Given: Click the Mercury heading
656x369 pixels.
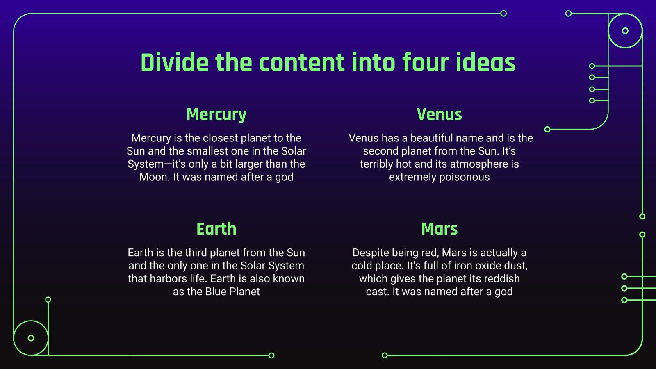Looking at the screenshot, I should (216, 114).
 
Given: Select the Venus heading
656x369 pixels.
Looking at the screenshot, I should (439, 114).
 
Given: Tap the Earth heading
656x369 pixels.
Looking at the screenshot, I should (216, 229).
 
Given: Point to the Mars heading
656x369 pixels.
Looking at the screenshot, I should (439, 229).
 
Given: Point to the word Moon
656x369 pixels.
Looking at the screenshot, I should (154, 177).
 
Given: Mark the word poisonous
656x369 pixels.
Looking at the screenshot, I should (465, 177).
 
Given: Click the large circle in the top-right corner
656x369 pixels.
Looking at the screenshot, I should (625, 31).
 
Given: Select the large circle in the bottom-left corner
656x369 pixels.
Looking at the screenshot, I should (31, 338).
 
